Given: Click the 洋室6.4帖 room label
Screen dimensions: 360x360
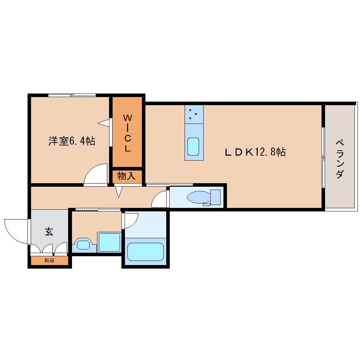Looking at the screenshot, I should (72, 141).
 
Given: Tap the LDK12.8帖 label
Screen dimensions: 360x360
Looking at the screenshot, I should (256, 152).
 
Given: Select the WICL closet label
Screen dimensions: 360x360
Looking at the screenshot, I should (127, 132).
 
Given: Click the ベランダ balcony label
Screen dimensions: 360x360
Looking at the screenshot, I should (340, 159).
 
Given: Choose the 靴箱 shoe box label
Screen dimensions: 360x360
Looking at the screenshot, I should (49, 261).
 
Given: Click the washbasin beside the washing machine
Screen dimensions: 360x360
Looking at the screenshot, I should (84, 244).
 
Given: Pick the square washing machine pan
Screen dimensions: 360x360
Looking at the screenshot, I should (109, 242).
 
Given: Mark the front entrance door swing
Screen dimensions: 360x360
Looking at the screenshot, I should (16, 231).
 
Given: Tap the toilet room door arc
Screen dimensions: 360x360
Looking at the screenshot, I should (160, 199).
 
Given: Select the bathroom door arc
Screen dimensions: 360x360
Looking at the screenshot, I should (130, 221).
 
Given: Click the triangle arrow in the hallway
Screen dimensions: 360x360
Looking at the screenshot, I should (119, 192).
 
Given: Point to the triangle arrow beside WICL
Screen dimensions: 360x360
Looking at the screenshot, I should (104, 123).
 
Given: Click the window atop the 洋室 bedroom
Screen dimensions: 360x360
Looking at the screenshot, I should (72, 95).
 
